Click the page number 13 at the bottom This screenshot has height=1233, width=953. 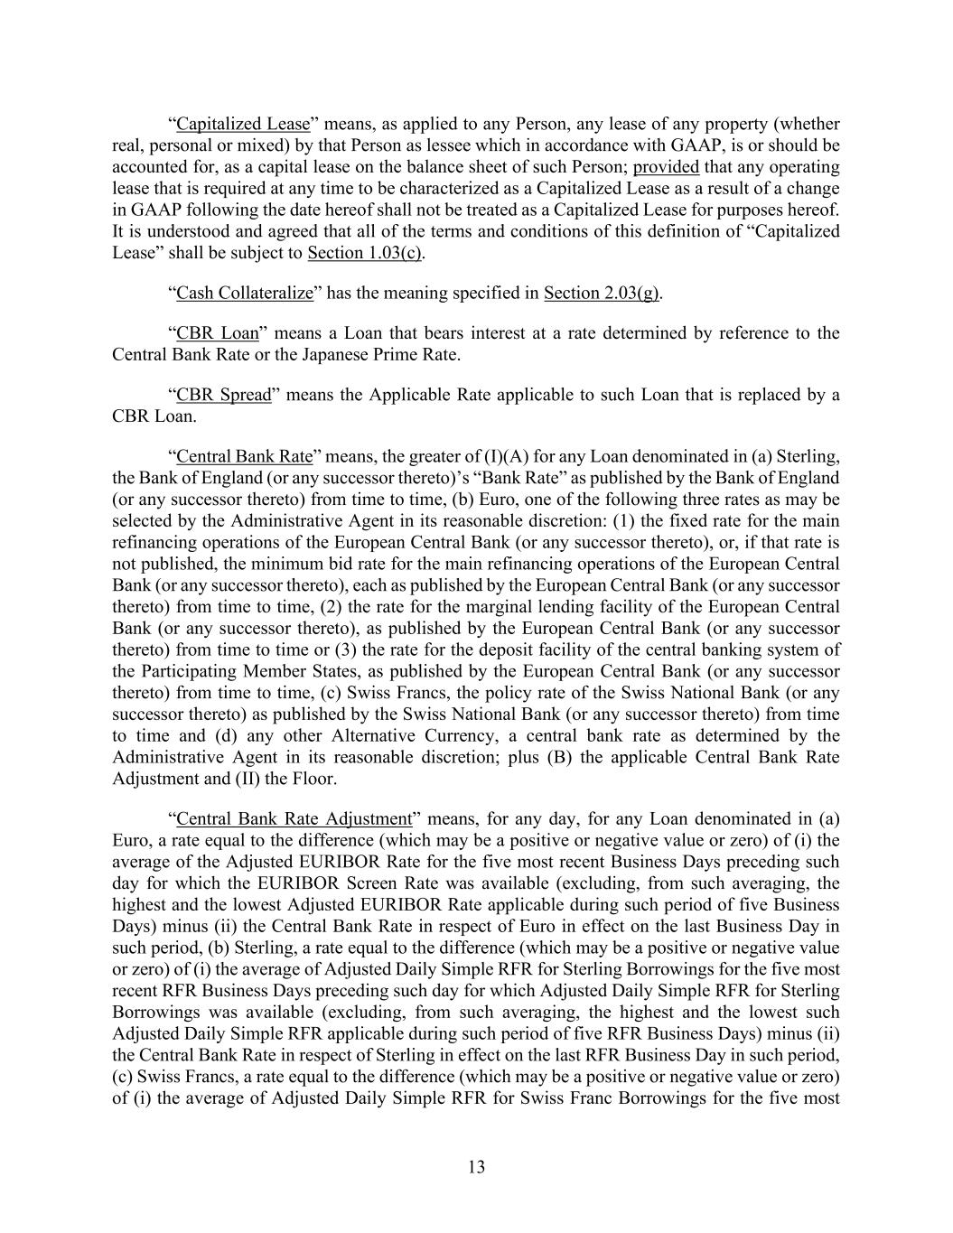pyautogui.click(x=476, y=1167)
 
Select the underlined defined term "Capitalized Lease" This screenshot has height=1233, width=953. pyautogui.click(x=243, y=124)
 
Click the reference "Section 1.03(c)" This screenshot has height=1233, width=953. pyautogui.click(x=365, y=253)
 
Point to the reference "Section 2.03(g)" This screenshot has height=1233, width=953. pyautogui.click(x=602, y=293)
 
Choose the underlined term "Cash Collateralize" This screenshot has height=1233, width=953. pyautogui.click(x=244, y=293)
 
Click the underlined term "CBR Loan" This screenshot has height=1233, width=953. pyautogui.click(x=217, y=332)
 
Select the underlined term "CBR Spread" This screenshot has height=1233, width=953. pyautogui.click(x=223, y=395)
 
